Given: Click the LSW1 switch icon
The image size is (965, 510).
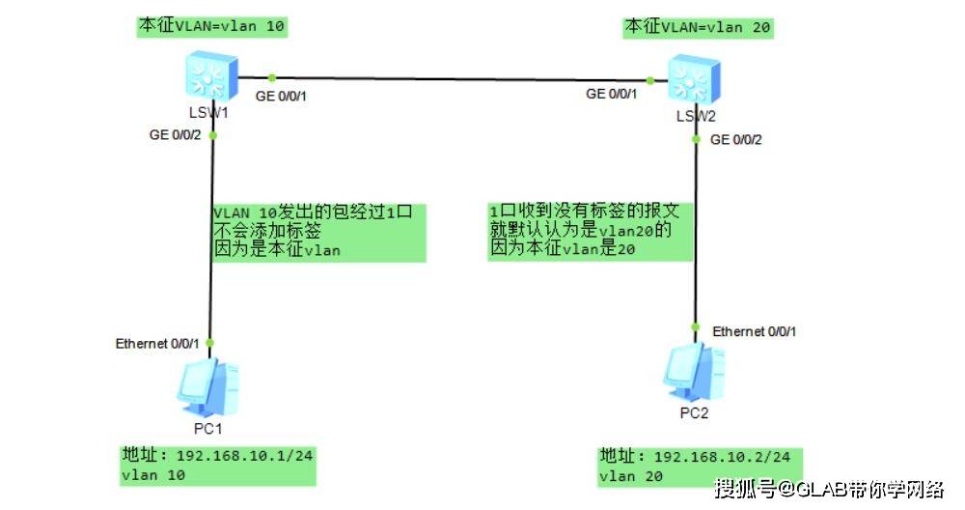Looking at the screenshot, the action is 211,76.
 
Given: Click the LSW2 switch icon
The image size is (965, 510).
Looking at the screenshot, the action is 694,79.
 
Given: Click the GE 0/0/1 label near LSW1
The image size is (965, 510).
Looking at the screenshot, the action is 281,96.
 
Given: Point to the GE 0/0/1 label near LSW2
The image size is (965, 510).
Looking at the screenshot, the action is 611,94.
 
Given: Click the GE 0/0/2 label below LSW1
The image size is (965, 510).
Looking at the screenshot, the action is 175,135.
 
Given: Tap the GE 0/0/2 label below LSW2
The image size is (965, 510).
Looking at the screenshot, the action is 736,140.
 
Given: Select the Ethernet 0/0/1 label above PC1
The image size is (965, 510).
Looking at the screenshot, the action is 157,343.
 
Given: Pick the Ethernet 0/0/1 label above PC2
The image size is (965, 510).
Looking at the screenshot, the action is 754,331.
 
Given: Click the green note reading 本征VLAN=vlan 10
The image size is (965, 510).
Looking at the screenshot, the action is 211,26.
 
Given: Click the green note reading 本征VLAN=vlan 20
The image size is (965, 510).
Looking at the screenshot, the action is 698,28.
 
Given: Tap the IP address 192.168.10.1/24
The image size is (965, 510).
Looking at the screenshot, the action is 244,456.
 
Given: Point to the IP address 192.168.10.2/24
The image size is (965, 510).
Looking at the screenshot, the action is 722,457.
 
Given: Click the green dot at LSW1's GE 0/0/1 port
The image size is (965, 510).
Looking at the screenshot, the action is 271,77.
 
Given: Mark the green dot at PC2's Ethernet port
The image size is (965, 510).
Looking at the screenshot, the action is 696,327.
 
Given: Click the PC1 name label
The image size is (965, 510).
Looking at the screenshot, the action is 208,429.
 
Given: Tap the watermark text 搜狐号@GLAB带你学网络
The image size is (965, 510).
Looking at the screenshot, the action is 829,489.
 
